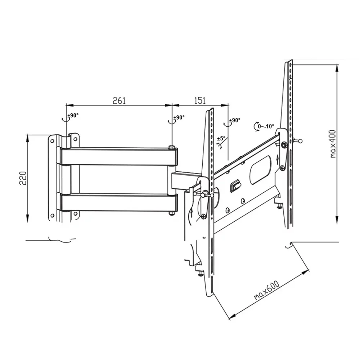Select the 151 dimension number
pyautogui.click(x=200, y=100)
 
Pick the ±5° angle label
pyautogui.click(x=221, y=138)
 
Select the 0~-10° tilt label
pyautogui.click(x=266, y=126)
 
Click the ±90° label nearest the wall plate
pyautogui.click(x=73, y=116)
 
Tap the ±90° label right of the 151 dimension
pyautogui.click(x=235, y=120)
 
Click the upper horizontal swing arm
pyautogui.click(x=119, y=156)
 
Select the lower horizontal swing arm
pyautogui.click(x=119, y=202)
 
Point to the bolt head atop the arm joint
pyautogui.click(x=172, y=147)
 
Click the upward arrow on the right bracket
pyautogui.click(x=277, y=159)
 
